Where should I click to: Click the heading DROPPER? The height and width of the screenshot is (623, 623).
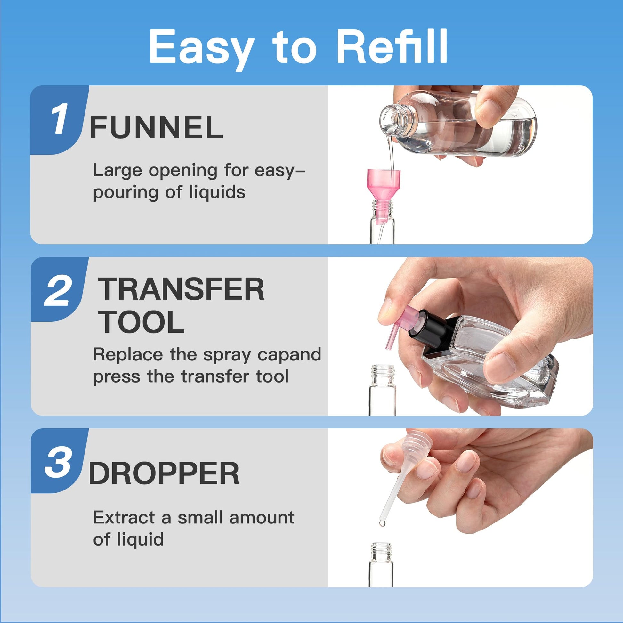click(164, 473)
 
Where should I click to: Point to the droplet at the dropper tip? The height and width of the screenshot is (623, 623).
click(383, 523)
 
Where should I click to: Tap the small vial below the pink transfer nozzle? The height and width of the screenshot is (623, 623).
click(383, 390)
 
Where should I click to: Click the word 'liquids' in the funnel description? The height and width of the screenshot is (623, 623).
click(217, 192)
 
